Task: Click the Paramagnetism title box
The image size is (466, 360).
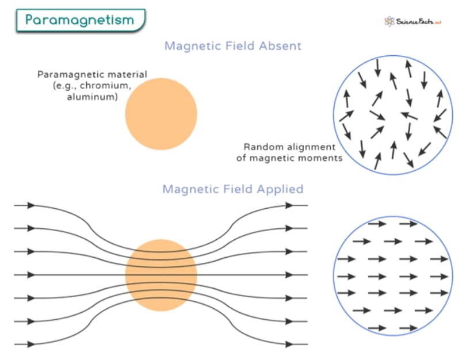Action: [81, 20]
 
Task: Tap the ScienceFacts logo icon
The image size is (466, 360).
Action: [389, 21]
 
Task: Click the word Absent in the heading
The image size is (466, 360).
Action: [280, 46]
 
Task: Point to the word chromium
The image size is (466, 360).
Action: [105, 86]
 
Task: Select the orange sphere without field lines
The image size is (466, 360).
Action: [161, 114]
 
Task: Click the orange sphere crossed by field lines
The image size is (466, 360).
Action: [161, 275]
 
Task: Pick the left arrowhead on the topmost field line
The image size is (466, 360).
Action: [31, 205]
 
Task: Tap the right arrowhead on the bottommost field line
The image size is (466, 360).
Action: [289, 344]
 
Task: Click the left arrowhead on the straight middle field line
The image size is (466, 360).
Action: [31, 275]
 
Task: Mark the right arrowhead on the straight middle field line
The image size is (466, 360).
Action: [289, 275]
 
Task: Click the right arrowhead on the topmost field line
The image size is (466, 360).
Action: [289, 205]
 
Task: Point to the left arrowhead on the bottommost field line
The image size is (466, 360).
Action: [31, 344]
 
